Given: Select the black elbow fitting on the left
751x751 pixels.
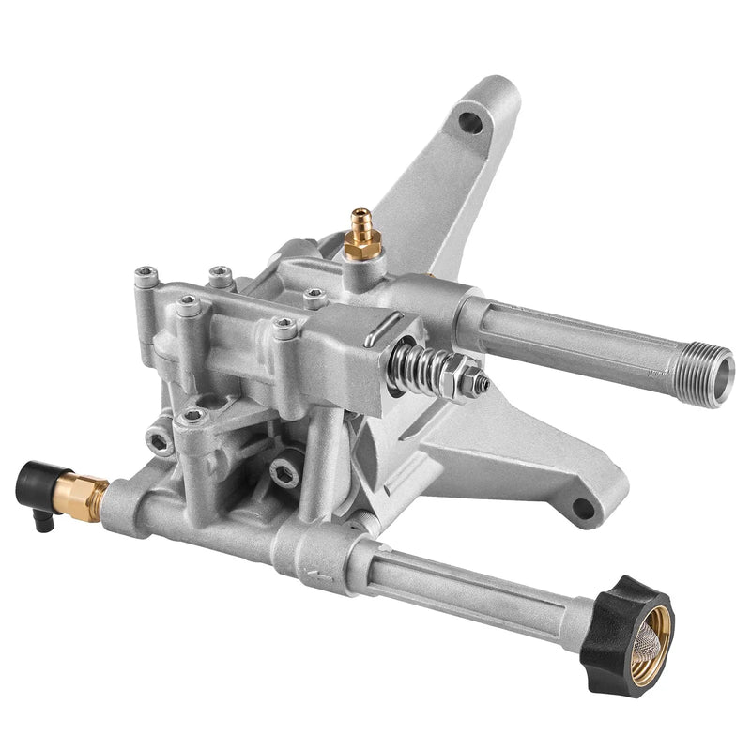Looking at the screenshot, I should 38,483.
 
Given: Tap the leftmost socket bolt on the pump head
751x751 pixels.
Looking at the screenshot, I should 145,275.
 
